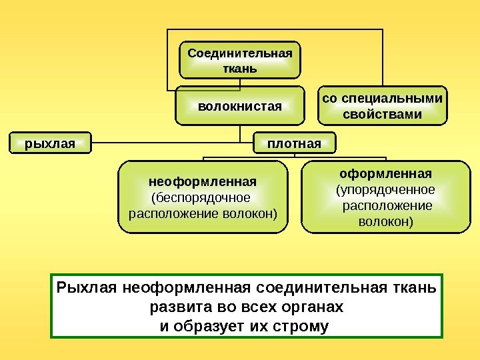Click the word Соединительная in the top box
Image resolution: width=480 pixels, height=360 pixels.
click(240, 53)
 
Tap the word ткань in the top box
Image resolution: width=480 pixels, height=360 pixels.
click(240, 67)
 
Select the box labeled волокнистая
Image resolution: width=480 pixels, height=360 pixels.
click(241, 105)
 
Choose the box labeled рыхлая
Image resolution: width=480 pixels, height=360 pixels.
click(49, 143)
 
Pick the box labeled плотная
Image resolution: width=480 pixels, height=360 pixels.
click(293, 143)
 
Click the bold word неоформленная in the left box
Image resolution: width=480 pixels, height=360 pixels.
click(202, 181)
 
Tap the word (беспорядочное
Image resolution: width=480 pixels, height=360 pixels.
click(202, 197)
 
